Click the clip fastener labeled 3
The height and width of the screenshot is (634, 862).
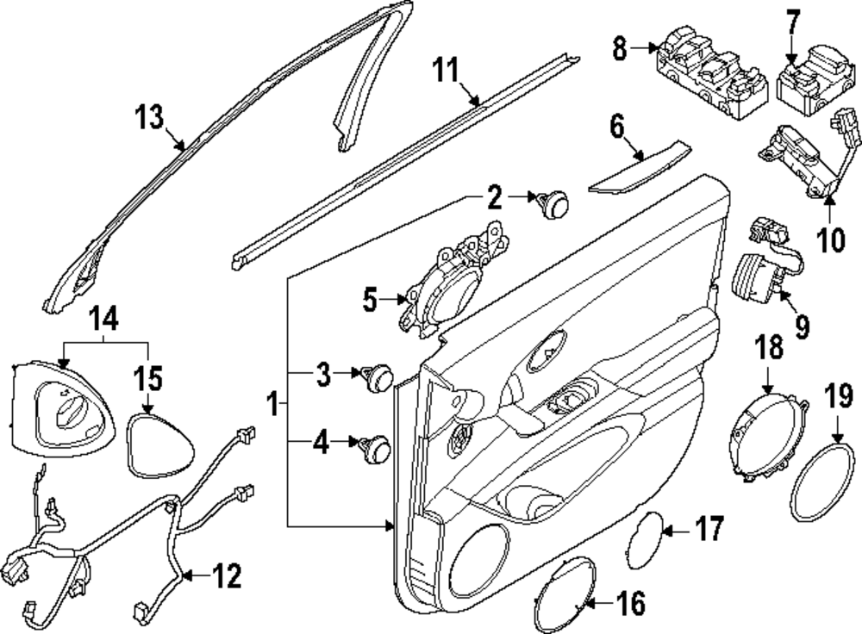pyautogui.click(x=377, y=376)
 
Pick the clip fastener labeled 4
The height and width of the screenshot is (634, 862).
pyautogui.click(x=377, y=447)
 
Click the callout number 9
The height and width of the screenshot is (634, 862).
pyautogui.click(x=802, y=326)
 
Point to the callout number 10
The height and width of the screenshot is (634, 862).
pyautogui.click(x=831, y=239)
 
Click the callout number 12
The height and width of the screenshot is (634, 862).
pyautogui.click(x=228, y=576)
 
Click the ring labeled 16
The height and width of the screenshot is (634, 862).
pyautogui.click(x=566, y=594)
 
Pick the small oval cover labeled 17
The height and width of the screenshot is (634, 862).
pyautogui.click(x=644, y=538)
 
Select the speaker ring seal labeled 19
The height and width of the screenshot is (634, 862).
pyautogui.click(x=819, y=482)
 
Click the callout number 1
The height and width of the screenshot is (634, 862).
pyautogui.click(x=273, y=403)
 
